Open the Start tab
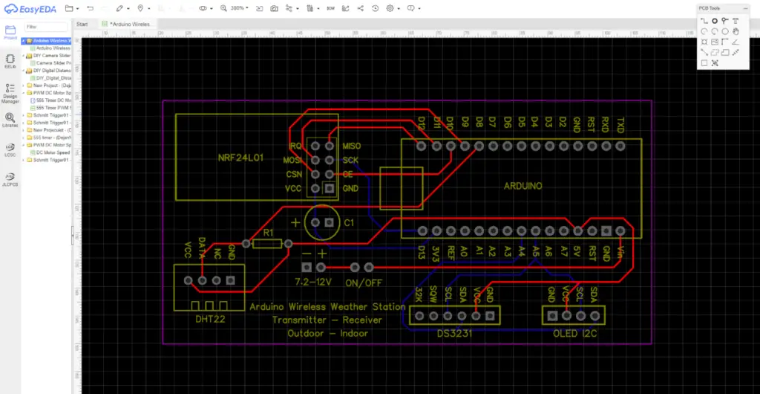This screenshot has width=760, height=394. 82,24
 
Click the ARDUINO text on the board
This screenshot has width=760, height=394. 524,185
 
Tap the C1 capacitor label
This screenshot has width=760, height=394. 349,222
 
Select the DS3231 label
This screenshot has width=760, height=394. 453,333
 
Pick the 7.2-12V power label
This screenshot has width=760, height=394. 313,283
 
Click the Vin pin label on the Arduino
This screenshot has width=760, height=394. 620,252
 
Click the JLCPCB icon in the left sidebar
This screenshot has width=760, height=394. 10,178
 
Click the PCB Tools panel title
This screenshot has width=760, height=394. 710,7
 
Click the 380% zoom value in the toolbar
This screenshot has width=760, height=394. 237,7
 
